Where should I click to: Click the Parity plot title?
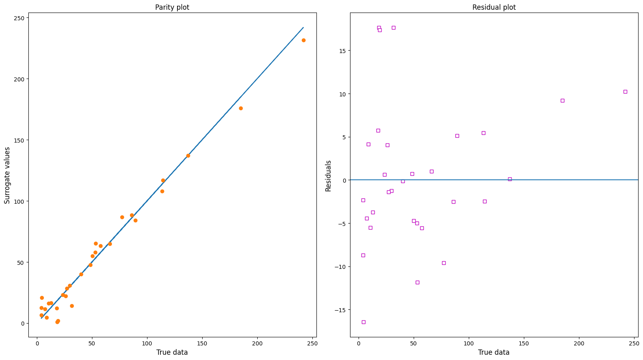pos(172,7)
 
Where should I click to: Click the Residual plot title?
pos(494,7)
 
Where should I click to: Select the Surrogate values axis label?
pos(7,175)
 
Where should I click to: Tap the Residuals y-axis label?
pos(328,176)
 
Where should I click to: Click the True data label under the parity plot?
pos(172,352)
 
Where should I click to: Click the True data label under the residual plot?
pos(493,352)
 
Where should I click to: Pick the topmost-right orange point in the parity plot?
pos(303,40)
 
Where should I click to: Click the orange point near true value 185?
pos(241,108)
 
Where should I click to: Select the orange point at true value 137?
pos(188,156)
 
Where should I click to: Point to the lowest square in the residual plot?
pos(363,322)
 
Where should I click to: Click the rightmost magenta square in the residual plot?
pos(625,92)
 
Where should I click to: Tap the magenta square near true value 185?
pos(562,100)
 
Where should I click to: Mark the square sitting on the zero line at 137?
pos(510,179)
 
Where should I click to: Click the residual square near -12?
pos(417,282)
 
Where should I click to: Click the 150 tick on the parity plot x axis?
pos(202,343)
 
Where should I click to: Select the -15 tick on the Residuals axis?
pos(340,310)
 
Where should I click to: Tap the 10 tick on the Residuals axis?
pos(342,94)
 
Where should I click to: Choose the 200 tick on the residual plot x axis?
pos(579,343)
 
